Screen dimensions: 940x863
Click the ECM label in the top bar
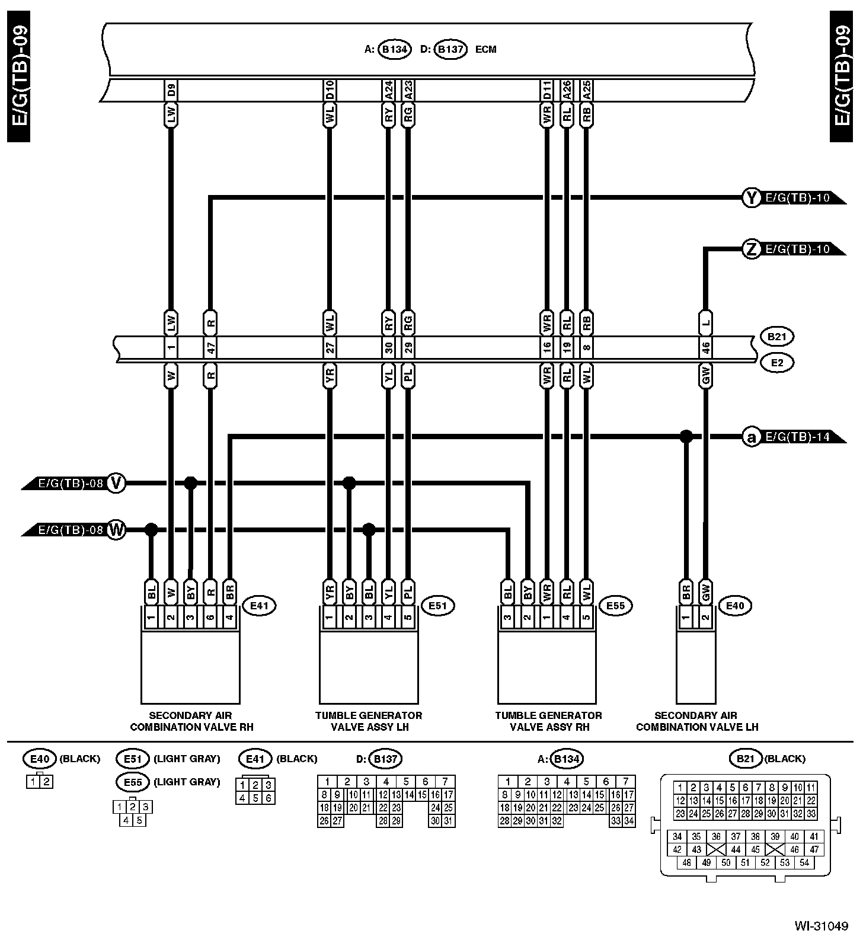[x=485, y=49]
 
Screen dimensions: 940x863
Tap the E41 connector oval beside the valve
[x=259, y=606]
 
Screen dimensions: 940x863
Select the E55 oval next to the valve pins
[x=615, y=606]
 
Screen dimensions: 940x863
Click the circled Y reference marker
[x=752, y=198]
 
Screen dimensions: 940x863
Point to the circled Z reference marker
[x=752, y=249]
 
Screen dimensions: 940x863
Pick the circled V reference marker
[x=117, y=483]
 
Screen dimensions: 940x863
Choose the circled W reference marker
[x=117, y=530]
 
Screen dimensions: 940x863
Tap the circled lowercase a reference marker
[x=752, y=437]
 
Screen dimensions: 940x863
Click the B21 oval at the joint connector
[x=777, y=337]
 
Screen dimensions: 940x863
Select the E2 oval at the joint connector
[x=777, y=362]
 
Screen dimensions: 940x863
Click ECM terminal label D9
[x=171, y=90]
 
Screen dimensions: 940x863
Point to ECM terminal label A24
[x=388, y=90]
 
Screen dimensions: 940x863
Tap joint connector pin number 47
[x=210, y=348]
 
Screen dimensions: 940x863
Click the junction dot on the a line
[x=686, y=437]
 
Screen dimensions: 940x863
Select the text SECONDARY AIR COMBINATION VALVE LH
[x=696, y=721]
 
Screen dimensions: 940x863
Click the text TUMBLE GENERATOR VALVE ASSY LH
[x=369, y=721]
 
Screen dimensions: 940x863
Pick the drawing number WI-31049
[x=822, y=925]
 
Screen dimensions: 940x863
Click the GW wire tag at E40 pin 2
[x=705, y=592]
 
